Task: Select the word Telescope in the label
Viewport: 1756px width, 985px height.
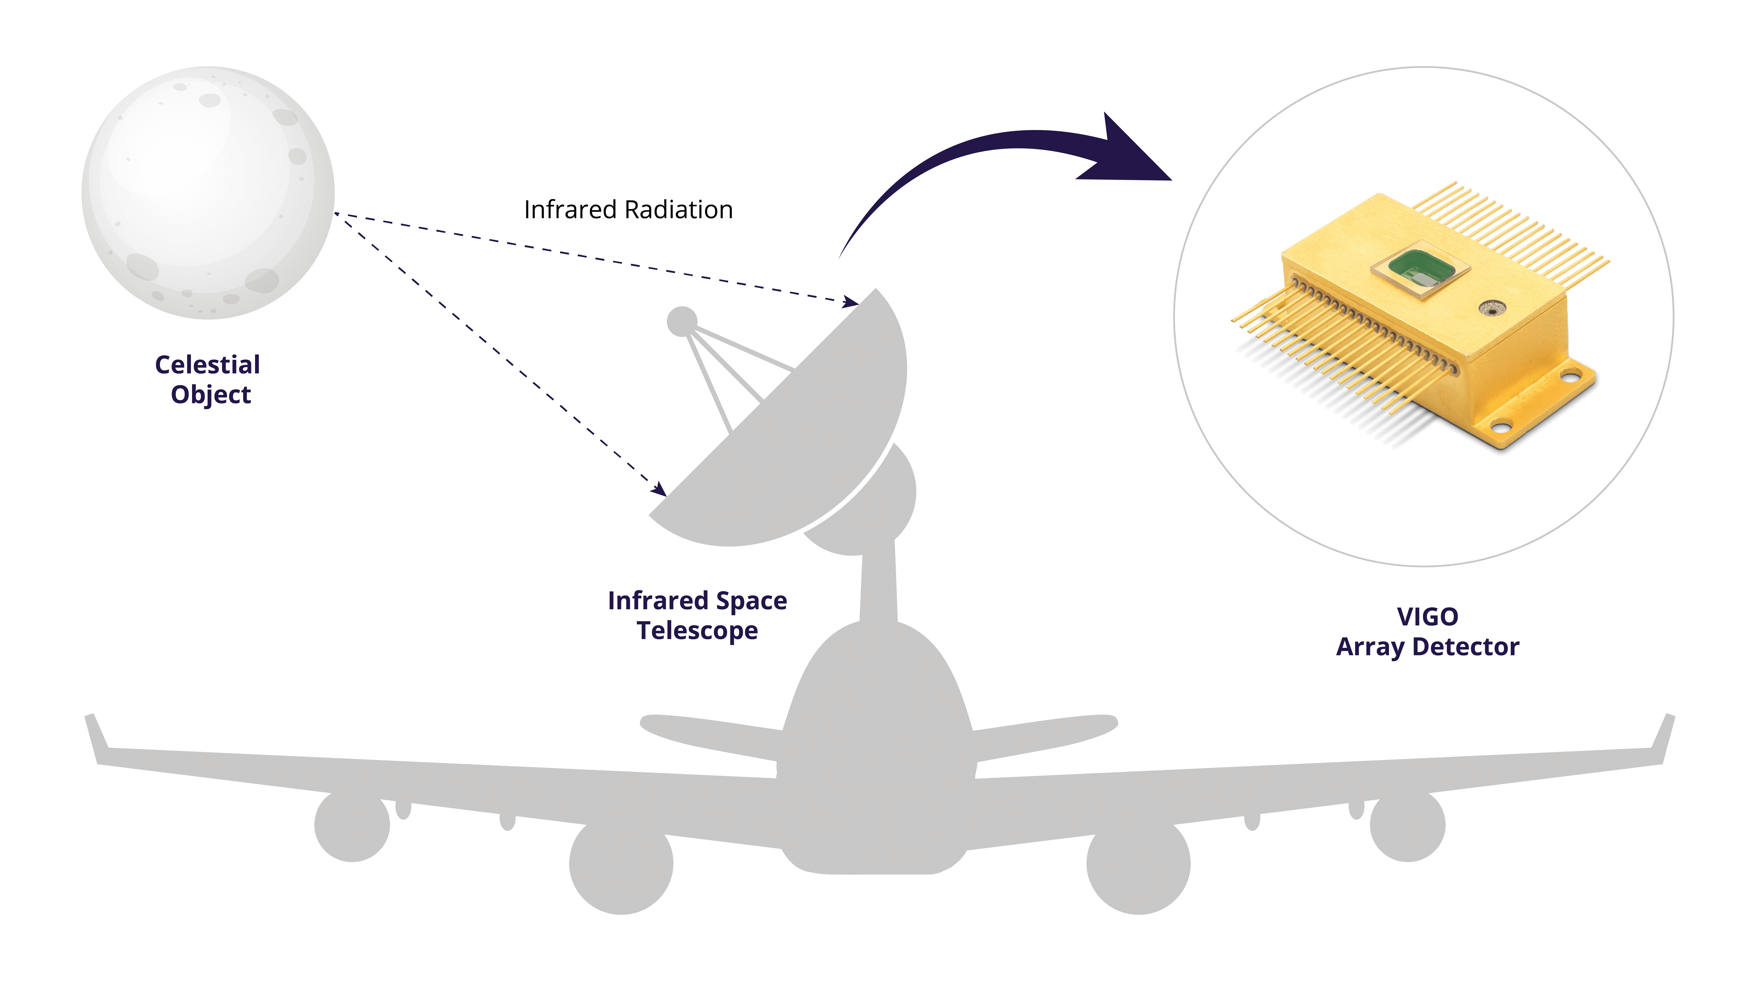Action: pos(697,631)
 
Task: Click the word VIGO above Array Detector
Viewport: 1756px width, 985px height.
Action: pos(1427,617)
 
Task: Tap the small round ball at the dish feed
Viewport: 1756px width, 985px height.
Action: pos(682,321)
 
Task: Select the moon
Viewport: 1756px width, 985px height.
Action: pos(208,193)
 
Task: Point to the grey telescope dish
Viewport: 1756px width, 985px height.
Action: pos(804,436)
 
